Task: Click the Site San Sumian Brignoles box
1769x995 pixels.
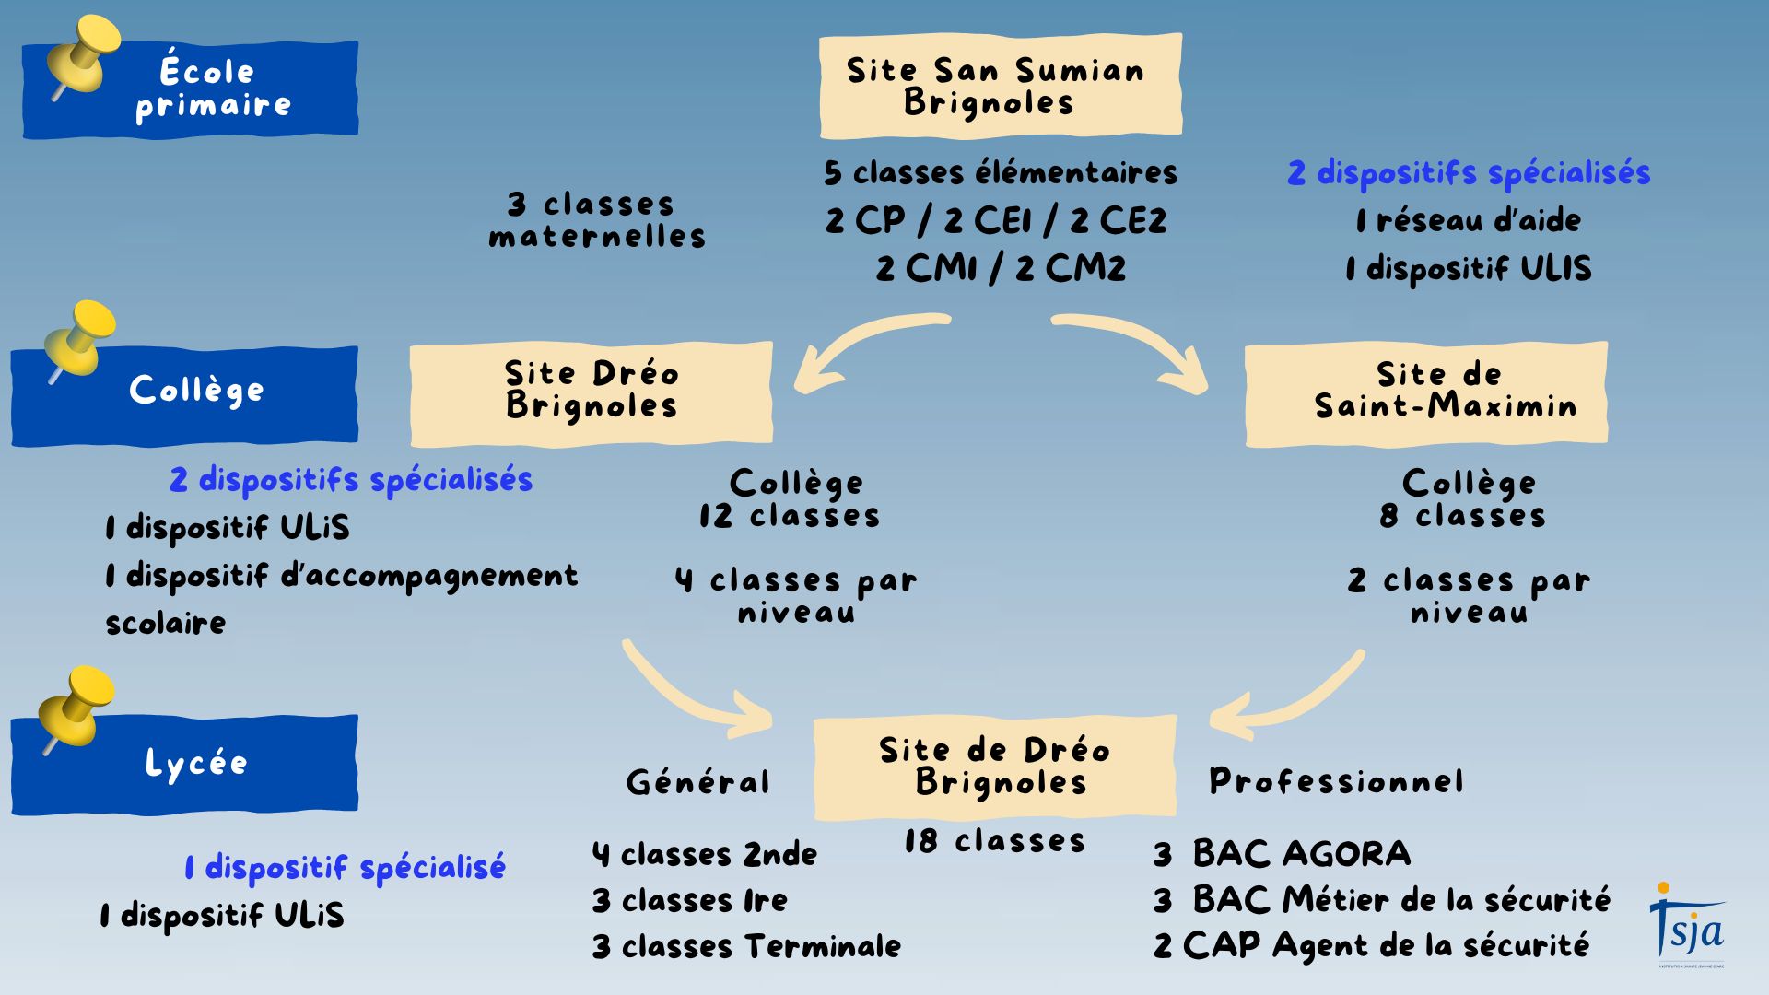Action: point(1000,86)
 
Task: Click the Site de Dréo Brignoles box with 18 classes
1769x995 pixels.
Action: point(994,767)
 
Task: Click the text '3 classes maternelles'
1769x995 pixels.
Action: point(596,220)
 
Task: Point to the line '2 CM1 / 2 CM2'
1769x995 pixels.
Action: point(1001,268)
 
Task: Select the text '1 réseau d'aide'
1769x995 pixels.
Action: point(1468,220)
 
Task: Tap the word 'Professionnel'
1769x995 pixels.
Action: point(1336,781)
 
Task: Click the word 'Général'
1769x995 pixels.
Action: point(697,782)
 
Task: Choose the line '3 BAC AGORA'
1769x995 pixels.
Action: point(1282,854)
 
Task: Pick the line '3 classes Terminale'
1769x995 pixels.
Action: point(746,946)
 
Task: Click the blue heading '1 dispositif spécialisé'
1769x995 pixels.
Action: point(345,867)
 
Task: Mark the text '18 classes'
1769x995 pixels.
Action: point(994,840)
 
